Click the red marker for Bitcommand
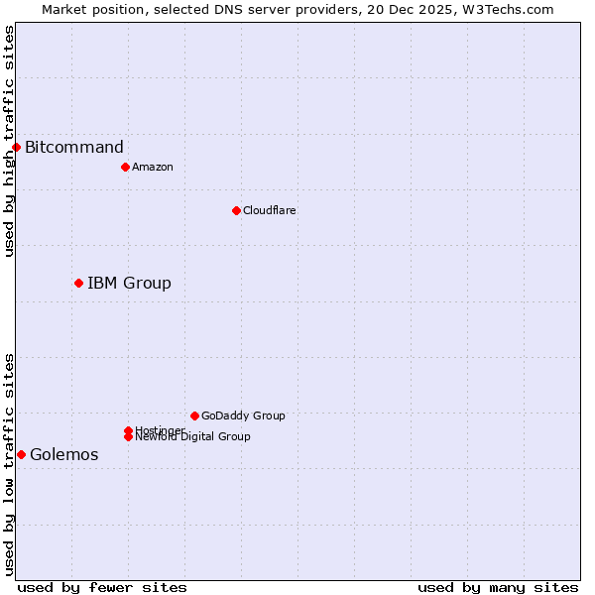click(16, 148)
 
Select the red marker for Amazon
click(125, 167)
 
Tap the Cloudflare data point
click(236, 210)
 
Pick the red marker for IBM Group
click(78, 283)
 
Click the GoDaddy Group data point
click(194, 416)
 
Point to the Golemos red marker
click(21, 454)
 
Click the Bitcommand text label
click(74, 148)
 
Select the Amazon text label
click(153, 167)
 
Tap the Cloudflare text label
click(270, 210)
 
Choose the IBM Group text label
click(129, 283)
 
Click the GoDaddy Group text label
click(243, 416)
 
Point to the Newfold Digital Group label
click(192, 436)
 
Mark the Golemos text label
click(64, 454)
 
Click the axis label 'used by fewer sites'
click(102, 587)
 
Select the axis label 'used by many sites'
click(498, 587)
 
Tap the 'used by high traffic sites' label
click(9, 141)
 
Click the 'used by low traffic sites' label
click(9, 464)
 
